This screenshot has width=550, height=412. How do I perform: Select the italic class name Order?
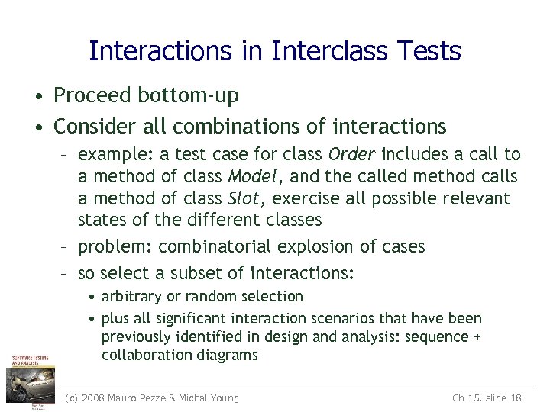[x=351, y=155]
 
